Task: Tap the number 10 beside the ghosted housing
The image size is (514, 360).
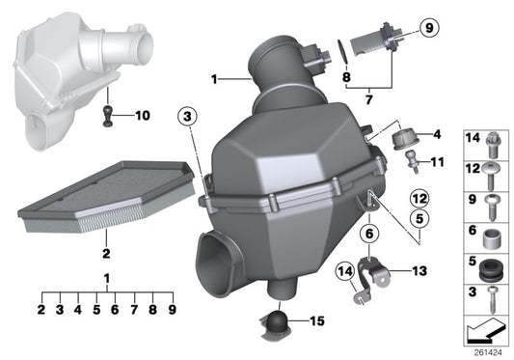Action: click(144, 116)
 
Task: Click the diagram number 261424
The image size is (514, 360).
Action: click(488, 351)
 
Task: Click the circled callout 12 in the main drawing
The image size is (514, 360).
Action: click(419, 199)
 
